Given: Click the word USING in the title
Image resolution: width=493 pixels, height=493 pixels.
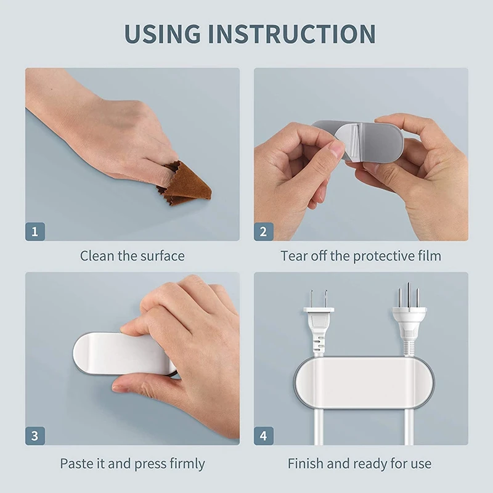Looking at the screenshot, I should point(162,34).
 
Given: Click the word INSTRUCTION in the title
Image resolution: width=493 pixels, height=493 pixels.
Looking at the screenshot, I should point(291,34).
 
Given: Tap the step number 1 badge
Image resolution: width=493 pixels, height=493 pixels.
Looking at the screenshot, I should point(35,231).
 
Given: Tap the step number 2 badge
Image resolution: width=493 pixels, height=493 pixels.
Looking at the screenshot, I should point(264,231).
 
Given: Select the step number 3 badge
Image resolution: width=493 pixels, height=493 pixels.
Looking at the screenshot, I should point(35,435).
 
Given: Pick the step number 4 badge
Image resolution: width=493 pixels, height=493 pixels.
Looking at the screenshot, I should point(264,435).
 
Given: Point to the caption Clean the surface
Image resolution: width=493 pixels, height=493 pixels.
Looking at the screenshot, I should point(132,255).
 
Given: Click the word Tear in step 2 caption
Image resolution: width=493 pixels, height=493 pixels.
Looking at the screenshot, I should point(294,255).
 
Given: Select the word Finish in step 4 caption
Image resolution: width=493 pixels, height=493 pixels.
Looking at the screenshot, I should point(305,463).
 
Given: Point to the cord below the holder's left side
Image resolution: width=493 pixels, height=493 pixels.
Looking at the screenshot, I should point(319,425).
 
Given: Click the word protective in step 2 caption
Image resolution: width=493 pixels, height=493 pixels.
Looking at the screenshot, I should point(382,255).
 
